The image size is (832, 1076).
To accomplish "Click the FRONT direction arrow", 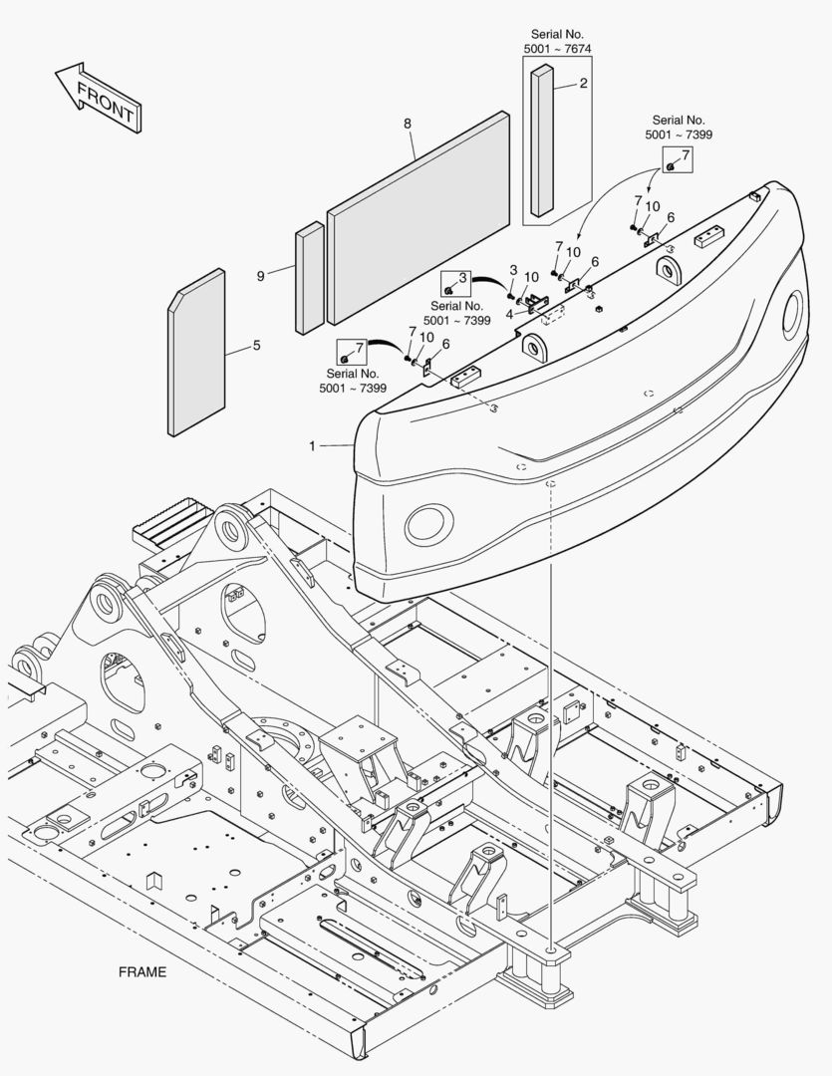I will coord(98,99).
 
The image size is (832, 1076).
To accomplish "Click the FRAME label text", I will coord(142,971).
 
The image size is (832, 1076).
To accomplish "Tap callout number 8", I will coord(408,124).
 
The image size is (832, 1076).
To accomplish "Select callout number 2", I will coord(584,84).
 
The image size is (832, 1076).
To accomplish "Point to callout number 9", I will coord(261,275).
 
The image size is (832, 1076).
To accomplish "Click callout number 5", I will coord(256,346).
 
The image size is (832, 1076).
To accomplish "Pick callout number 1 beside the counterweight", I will coord(312,447).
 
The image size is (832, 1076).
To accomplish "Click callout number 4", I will coord(509,314).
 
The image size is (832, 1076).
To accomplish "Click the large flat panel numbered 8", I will coord(418,219).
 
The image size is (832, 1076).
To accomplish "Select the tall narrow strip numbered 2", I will coord(542,139).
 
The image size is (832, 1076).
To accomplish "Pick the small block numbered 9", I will coord(310,277).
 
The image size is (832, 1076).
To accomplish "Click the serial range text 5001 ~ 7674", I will coord(558,48).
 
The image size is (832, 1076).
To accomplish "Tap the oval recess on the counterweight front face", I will coord(428,522).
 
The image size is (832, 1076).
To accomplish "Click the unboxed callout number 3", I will coord(513,270).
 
